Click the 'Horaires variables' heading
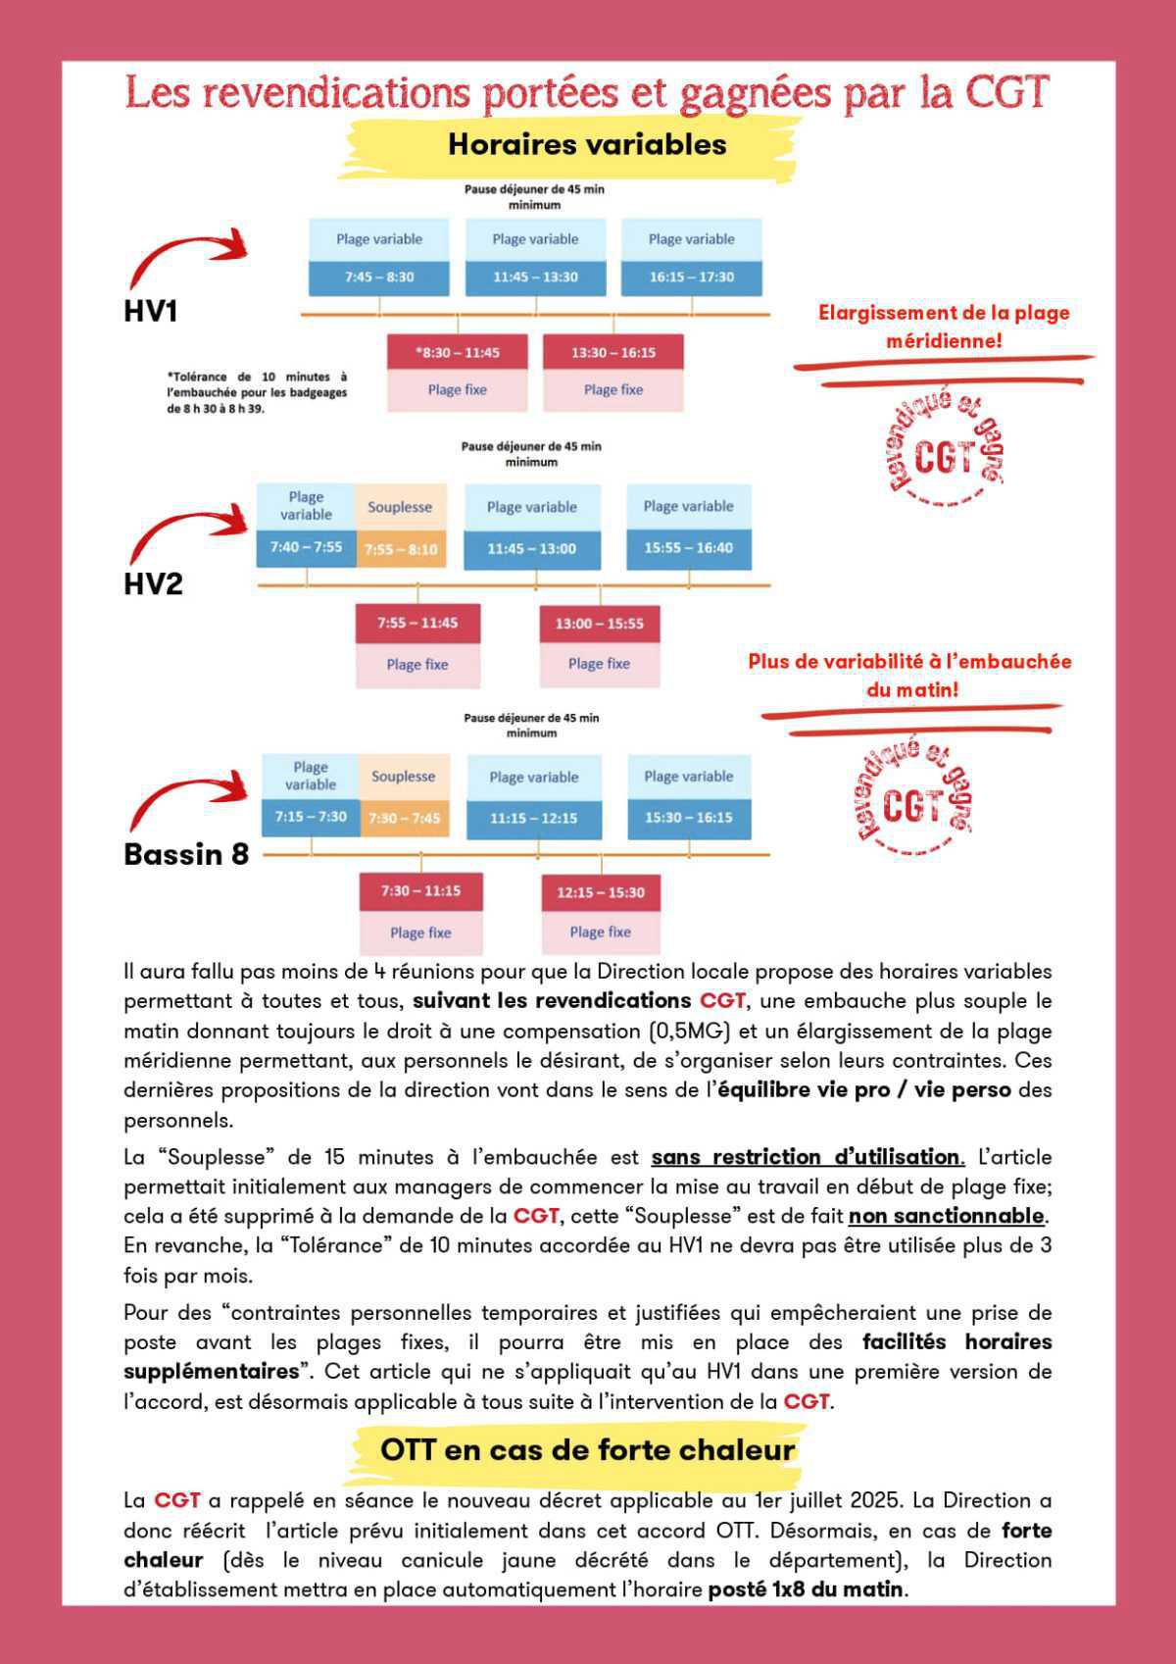(587, 145)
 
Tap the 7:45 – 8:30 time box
(379, 277)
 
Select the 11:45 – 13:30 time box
(535, 277)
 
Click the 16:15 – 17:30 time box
(691, 277)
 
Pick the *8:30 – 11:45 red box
(457, 352)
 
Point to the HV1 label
(151, 312)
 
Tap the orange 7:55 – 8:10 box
(401, 549)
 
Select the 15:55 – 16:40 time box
(688, 548)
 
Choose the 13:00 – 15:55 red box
(599, 624)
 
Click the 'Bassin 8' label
(186, 854)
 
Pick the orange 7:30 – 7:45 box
(404, 818)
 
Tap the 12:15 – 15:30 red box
(601, 892)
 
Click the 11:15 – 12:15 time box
(533, 818)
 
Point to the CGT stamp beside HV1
(943, 450)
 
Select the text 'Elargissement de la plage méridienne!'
(944, 327)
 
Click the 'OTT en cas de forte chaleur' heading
(587, 1450)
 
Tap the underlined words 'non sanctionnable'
(947, 1216)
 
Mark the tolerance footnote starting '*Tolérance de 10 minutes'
(257, 392)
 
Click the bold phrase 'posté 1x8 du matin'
(808, 1588)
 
